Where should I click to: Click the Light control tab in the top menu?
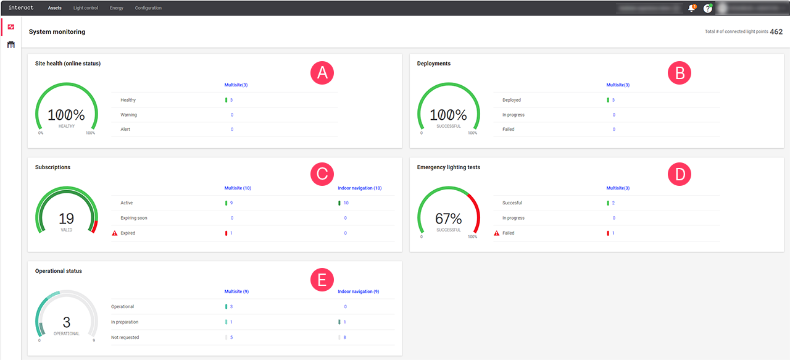click(x=85, y=8)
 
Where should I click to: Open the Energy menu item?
click(x=117, y=8)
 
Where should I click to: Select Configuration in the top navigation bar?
click(x=148, y=8)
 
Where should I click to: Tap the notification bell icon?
click(x=691, y=8)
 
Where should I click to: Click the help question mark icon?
click(x=708, y=8)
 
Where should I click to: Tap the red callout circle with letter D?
click(x=680, y=174)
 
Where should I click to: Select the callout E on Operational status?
click(x=322, y=280)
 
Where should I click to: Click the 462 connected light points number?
click(x=776, y=31)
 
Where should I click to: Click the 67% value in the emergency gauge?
click(x=449, y=219)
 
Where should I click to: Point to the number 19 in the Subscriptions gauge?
click(x=66, y=219)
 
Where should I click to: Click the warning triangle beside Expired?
click(x=115, y=233)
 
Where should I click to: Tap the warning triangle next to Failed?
click(x=497, y=233)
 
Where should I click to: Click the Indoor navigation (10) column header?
click(x=360, y=188)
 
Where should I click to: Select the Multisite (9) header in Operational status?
click(x=236, y=291)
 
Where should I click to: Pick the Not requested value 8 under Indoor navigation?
click(x=344, y=337)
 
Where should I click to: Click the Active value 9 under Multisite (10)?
click(x=231, y=203)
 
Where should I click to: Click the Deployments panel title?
click(x=434, y=63)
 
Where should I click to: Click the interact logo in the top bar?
click(x=20, y=8)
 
